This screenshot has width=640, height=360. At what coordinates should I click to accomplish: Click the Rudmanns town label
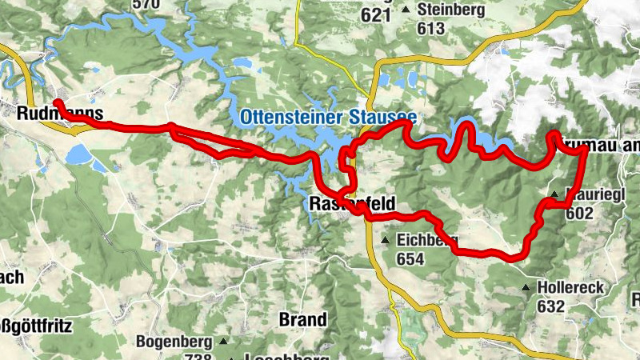click(x=59, y=114)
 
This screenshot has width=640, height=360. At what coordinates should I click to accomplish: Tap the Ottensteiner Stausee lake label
click(x=327, y=118)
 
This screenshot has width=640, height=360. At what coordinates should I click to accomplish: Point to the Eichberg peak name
click(x=426, y=240)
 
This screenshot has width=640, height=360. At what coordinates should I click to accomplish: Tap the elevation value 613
click(x=430, y=27)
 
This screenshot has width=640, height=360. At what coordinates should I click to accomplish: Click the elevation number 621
click(x=376, y=14)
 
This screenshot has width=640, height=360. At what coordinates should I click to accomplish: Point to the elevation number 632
click(x=551, y=306)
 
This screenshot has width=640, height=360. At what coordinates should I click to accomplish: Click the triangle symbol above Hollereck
click(x=526, y=287)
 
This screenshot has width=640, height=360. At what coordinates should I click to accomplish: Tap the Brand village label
click(x=302, y=319)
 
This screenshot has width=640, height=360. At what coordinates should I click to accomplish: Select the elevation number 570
click(x=146, y=4)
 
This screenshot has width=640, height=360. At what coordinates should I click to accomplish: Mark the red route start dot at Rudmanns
click(x=58, y=103)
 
